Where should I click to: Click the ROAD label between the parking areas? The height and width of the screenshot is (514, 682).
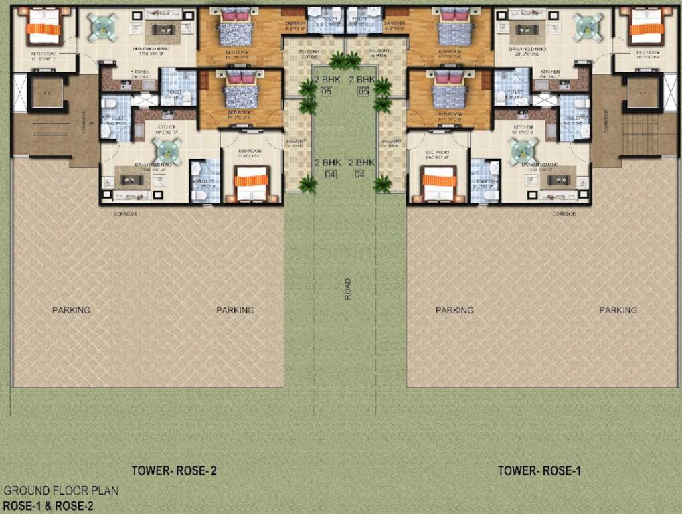click(347, 288)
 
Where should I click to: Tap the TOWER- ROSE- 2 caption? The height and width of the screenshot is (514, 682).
click(173, 471)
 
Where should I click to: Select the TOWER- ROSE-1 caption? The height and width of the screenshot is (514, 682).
click(539, 471)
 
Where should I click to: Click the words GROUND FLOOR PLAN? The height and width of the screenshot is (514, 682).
click(61, 491)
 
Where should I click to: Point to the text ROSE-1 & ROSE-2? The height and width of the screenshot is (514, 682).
click(48, 506)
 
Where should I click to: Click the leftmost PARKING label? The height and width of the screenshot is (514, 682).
click(71, 310)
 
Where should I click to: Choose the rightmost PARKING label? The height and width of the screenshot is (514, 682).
click(618, 310)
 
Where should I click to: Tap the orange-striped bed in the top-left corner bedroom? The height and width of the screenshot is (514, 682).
click(44, 27)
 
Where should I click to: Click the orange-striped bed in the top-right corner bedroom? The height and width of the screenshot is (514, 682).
click(647, 27)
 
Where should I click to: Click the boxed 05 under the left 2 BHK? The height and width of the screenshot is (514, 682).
click(327, 92)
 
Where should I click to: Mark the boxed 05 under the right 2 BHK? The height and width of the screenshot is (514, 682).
click(364, 92)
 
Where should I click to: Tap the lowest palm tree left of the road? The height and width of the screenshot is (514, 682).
click(308, 184)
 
